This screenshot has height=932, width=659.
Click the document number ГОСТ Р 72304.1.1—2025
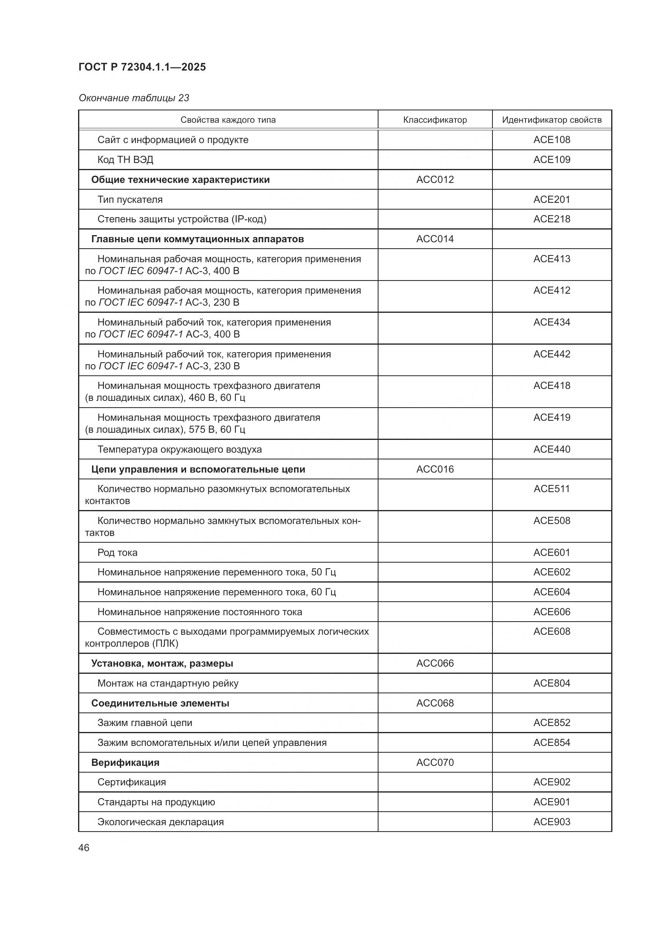142,67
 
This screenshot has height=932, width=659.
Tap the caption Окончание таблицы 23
134,98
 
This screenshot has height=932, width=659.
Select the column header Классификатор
435,120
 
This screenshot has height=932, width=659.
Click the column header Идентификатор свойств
551,120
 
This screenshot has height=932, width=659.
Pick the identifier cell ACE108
551,139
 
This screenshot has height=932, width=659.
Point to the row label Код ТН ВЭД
126,159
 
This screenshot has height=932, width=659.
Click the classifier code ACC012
435,179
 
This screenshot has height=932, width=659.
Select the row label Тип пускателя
130,199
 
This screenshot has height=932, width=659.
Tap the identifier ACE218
551,219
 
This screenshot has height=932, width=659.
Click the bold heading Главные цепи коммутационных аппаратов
197,239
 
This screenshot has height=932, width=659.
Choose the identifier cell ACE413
551,259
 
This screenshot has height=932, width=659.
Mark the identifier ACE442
551,354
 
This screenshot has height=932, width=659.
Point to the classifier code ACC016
435,469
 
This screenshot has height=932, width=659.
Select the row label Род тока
117,552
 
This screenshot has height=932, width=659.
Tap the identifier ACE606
551,612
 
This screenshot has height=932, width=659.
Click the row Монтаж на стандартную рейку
168,683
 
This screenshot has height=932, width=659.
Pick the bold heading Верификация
125,762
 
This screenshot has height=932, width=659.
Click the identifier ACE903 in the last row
551,822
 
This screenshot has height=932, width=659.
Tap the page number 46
84,848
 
